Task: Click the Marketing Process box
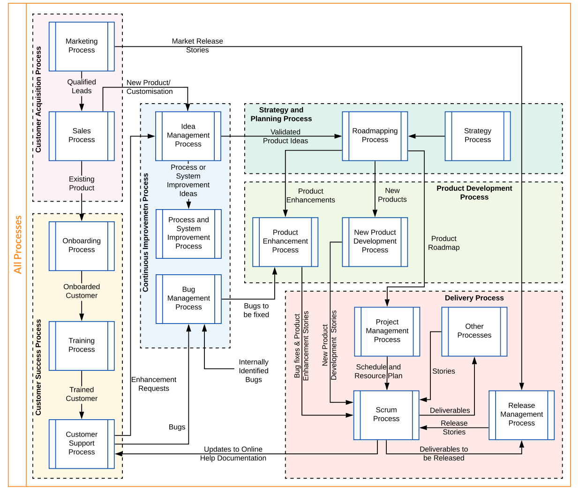coord(82,46)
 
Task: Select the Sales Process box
coord(82,136)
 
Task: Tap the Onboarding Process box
coord(82,246)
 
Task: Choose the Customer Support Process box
coord(82,444)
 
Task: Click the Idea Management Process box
coord(188,136)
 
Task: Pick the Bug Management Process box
coord(188,299)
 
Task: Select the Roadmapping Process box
coord(375,136)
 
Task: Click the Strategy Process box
coord(477,136)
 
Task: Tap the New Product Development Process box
coord(375,241)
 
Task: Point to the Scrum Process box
coord(386,415)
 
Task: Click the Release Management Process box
coord(521,415)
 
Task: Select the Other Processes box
coord(474,331)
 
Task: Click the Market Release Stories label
coord(197,46)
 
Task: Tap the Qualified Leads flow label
coord(82,86)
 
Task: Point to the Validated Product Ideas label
coord(285,136)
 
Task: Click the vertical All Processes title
coord(18,244)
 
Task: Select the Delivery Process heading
coord(474,298)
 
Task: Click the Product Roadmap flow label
coord(444,243)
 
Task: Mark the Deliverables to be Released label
coord(444,453)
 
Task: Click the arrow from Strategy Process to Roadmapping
coord(426,136)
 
